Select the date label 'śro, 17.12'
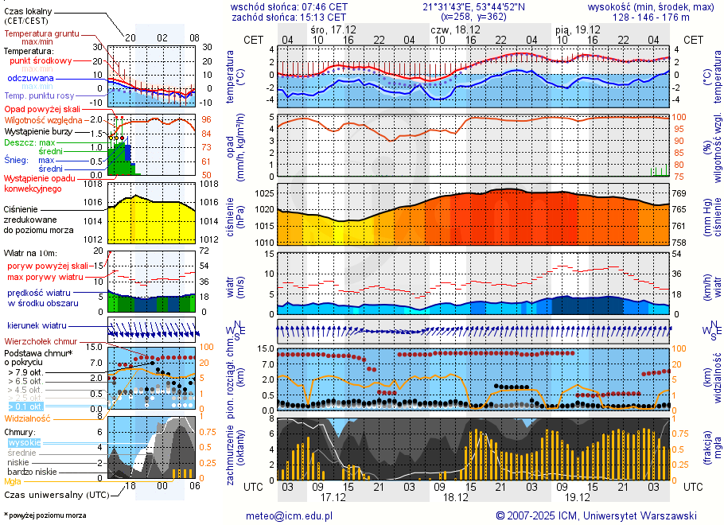tap(333, 29)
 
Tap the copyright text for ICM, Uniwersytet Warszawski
tap(596, 515)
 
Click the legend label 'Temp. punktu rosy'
tap(40, 95)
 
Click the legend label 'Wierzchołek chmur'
tap(40, 341)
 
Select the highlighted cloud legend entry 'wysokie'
tap(24, 443)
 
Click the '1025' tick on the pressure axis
tap(263, 193)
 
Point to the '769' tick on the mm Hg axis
tap(679, 193)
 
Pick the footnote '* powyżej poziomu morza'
tap(45, 515)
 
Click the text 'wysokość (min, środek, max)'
tap(651, 6)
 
